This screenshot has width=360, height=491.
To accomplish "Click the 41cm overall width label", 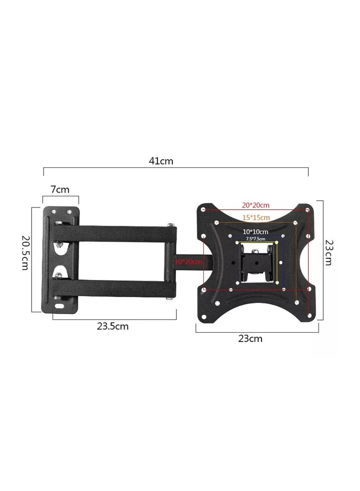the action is (x=161, y=161).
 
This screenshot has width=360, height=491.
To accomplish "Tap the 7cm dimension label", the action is (x=60, y=189).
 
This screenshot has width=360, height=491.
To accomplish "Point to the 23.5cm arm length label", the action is (x=112, y=326).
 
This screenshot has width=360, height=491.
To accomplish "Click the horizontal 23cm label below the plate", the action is (x=250, y=338).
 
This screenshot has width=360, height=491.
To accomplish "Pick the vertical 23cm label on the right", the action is (x=328, y=252).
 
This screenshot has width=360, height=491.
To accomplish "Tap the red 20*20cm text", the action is (x=256, y=205).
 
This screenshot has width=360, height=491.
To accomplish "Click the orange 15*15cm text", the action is (x=256, y=217).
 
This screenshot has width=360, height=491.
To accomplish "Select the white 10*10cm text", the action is (x=256, y=232).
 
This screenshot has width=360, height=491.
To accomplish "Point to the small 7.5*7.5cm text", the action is (x=256, y=239).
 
